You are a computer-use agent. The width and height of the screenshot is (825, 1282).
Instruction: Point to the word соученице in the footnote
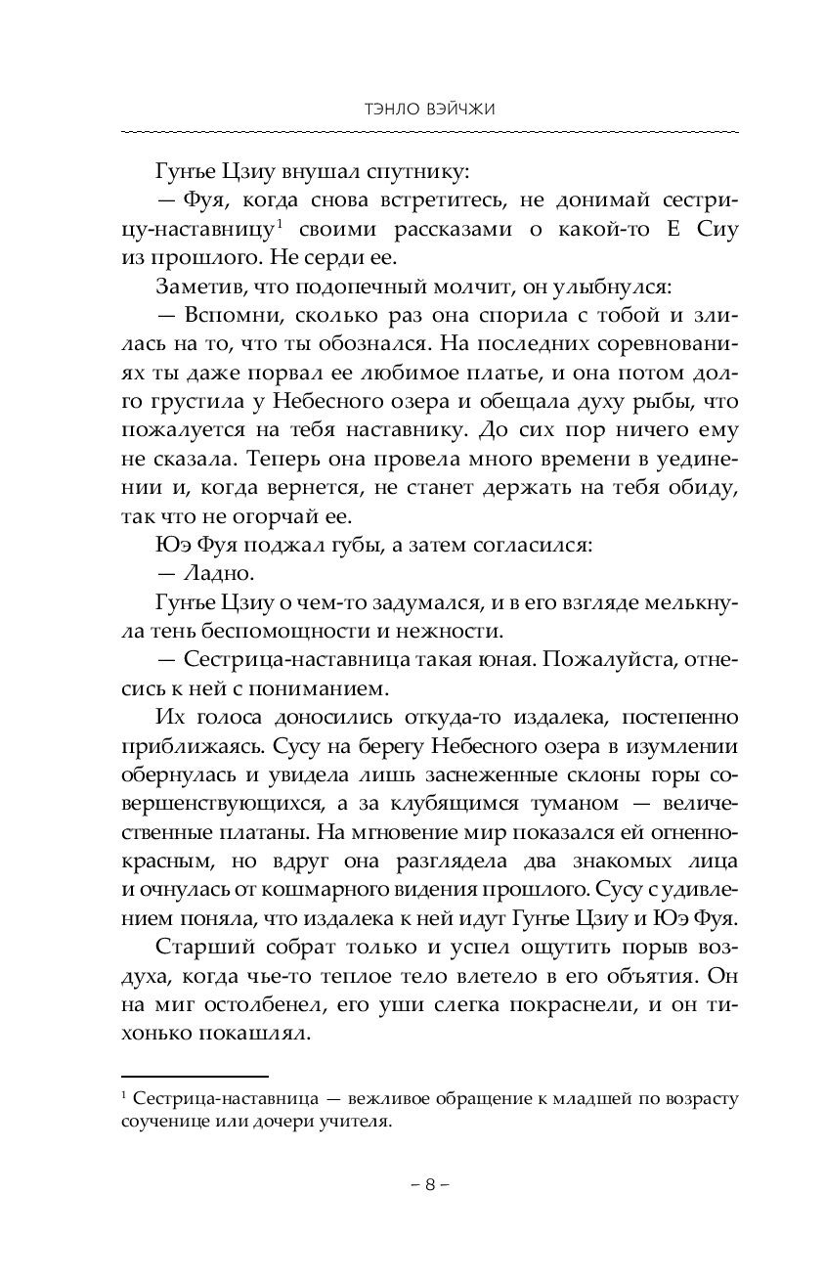click(161, 1123)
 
